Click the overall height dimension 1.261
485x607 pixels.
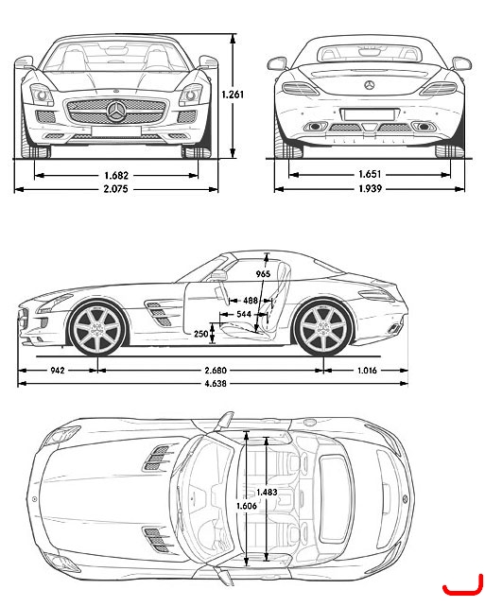(233, 95)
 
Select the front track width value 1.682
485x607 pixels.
(116, 175)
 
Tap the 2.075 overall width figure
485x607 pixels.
(115, 189)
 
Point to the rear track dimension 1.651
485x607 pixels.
(370, 174)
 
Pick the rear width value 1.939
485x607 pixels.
(370, 188)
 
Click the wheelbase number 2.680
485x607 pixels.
(216, 371)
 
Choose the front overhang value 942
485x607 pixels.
(58, 371)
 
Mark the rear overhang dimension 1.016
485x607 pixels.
(367, 371)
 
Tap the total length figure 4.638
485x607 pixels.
(216, 384)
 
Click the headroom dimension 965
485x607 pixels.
(263, 274)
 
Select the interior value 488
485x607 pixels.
(251, 301)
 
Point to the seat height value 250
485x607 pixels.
(200, 334)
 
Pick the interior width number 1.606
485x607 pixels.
(247, 506)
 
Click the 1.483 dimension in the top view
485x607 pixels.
(267, 492)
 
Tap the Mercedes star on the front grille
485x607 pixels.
(116, 112)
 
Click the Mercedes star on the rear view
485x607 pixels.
(370, 85)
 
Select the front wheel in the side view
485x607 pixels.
(97, 329)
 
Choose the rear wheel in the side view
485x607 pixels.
(322, 329)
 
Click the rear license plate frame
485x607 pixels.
(368, 115)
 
